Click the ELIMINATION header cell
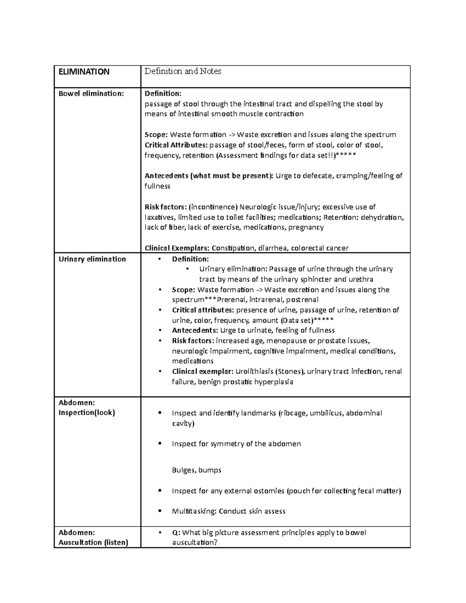click(84, 72)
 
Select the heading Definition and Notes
click(183, 71)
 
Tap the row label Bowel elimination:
click(91, 94)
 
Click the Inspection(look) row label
click(87, 413)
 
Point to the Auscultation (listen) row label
click(93, 542)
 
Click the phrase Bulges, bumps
click(196, 470)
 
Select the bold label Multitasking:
click(194, 511)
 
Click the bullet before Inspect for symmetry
click(160, 444)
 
